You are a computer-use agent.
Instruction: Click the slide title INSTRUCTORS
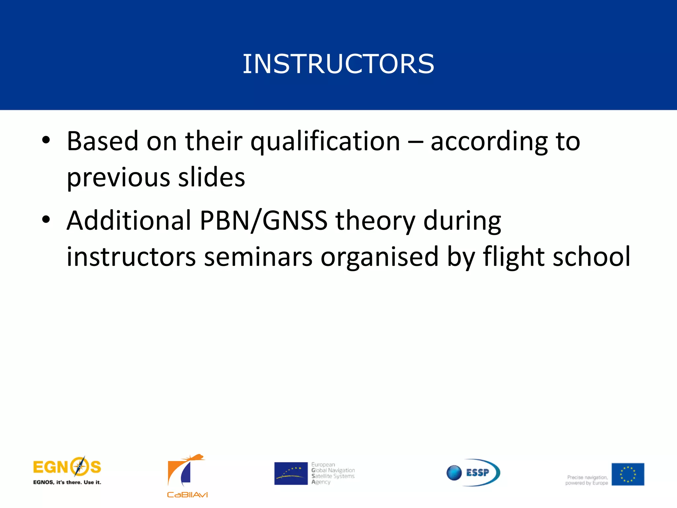[338, 63]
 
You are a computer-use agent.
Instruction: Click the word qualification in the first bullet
[325, 142]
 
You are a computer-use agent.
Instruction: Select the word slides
[212, 177]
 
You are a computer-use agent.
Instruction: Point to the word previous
[118, 178]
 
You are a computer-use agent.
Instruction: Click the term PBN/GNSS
[263, 221]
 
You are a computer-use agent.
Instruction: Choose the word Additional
[129, 221]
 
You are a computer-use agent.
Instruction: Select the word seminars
[258, 257]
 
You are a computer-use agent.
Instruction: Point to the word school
[591, 257]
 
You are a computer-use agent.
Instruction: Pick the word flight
[513, 257]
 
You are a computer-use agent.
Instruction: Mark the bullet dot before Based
[46, 140]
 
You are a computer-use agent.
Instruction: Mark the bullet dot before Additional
[46, 220]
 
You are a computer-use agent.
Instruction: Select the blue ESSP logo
[473, 472]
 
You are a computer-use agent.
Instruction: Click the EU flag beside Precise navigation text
[627, 474]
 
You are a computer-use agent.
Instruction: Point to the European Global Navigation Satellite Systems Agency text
[333, 473]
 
